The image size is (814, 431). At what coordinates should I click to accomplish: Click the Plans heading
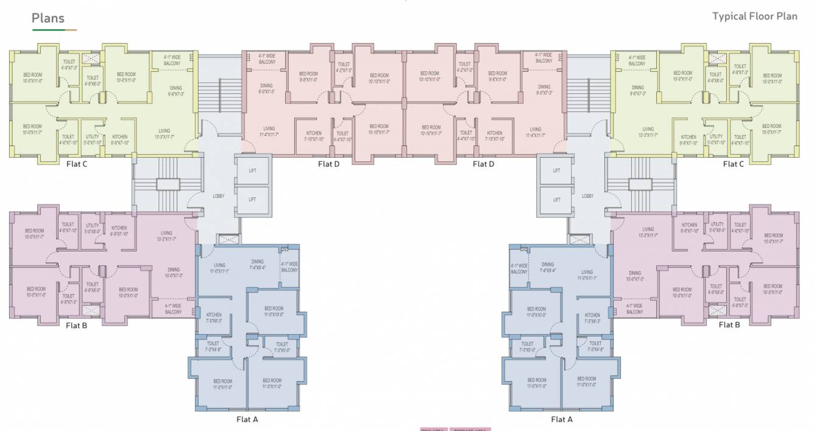[48, 18]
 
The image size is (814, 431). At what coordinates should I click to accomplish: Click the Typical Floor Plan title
[754, 16]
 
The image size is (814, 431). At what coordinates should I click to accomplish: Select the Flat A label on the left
[247, 419]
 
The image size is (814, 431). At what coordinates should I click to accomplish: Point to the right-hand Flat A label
[562, 419]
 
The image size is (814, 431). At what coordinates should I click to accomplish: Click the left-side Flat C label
[77, 164]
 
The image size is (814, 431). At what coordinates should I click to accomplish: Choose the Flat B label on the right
[729, 324]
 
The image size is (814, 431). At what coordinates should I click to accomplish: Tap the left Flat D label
[328, 164]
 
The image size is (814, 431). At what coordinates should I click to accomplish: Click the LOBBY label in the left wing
[218, 196]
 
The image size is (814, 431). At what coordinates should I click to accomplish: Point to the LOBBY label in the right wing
[587, 196]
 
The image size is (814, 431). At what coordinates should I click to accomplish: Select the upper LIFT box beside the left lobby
[252, 170]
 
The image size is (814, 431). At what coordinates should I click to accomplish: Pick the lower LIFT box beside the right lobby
[556, 200]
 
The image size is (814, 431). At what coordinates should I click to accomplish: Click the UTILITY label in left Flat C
[93, 137]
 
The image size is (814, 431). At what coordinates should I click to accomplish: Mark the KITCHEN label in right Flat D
[495, 133]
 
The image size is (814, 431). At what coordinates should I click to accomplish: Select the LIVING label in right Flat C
[648, 129]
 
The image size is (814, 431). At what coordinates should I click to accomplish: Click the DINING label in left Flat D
[266, 86]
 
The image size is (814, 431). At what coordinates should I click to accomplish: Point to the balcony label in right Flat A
[519, 268]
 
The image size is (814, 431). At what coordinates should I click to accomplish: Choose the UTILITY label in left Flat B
[92, 225]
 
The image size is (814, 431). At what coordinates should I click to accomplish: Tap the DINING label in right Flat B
[635, 273]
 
